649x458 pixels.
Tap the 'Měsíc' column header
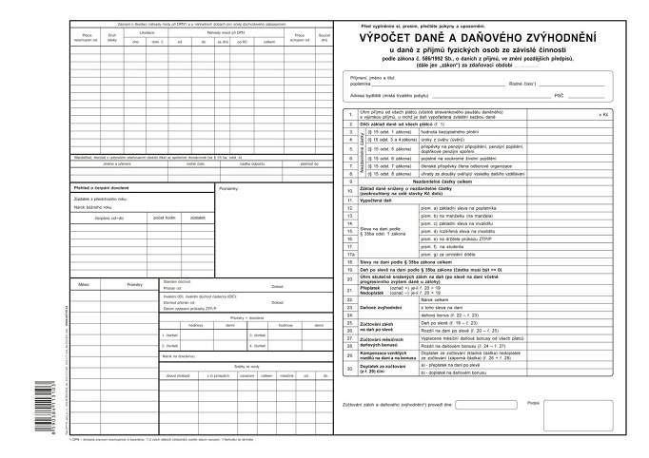(84, 311)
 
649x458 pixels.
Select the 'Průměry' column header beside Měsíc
(133, 311)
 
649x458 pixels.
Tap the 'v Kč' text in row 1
(603, 114)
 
